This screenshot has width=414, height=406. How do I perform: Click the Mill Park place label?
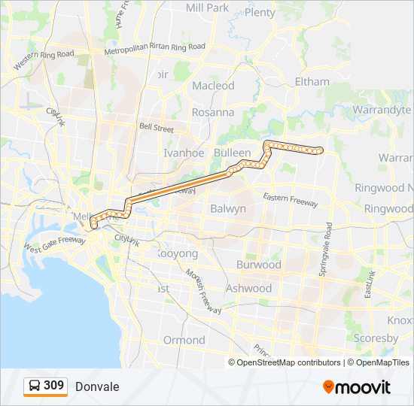(207, 8)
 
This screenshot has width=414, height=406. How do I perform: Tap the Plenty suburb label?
(260, 13)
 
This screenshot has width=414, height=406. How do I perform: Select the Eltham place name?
(312, 81)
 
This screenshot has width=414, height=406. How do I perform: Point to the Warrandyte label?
(382, 110)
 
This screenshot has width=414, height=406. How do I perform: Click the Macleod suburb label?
(213, 86)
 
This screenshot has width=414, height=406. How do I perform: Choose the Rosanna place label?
(213, 112)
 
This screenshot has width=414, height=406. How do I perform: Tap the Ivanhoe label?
(184, 153)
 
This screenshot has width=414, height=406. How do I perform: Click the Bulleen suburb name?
(232, 153)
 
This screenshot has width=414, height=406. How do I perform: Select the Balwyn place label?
(228, 208)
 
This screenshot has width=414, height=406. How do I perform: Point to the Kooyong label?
(177, 254)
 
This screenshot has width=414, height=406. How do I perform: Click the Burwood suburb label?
(258, 265)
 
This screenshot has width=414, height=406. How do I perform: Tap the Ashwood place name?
(248, 288)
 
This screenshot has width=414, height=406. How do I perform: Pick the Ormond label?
(184, 340)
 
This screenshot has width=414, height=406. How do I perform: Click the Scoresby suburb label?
(375, 338)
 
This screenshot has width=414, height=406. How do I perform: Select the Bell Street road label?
(156, 128)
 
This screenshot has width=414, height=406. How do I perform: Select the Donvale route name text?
(97, 386)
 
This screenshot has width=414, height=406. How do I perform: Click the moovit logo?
(357, 386)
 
